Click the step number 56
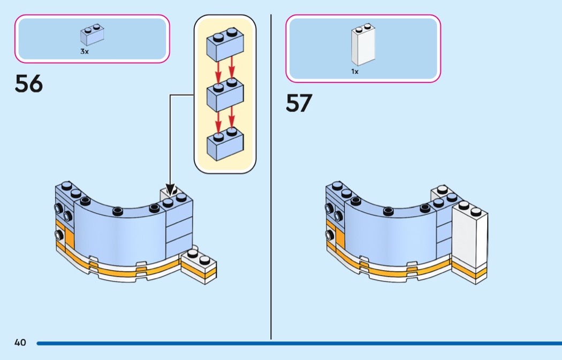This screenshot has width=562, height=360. [x=28, y=84]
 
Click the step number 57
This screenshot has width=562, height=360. [x=299, y=103]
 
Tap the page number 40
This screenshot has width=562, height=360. [x=20, y=342]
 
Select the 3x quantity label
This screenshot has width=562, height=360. [x=85, y=51]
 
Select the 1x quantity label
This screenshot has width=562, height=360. [x=355, y=71]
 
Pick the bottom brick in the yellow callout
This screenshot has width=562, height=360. [x=225, y=142]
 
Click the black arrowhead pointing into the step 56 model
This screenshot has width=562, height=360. [x=170, y=189]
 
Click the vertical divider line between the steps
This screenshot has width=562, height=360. [x=271, y=177]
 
